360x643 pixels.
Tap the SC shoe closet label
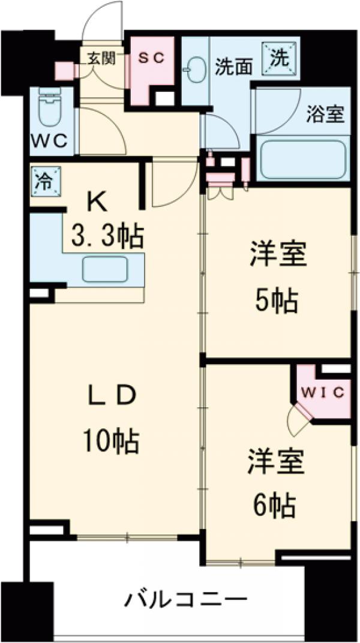(x=153, y=58)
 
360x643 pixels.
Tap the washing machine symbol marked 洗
(x=280, y=58)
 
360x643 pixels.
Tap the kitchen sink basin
(x=105, y=269)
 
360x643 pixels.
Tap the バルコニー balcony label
(x=186, y=598)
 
